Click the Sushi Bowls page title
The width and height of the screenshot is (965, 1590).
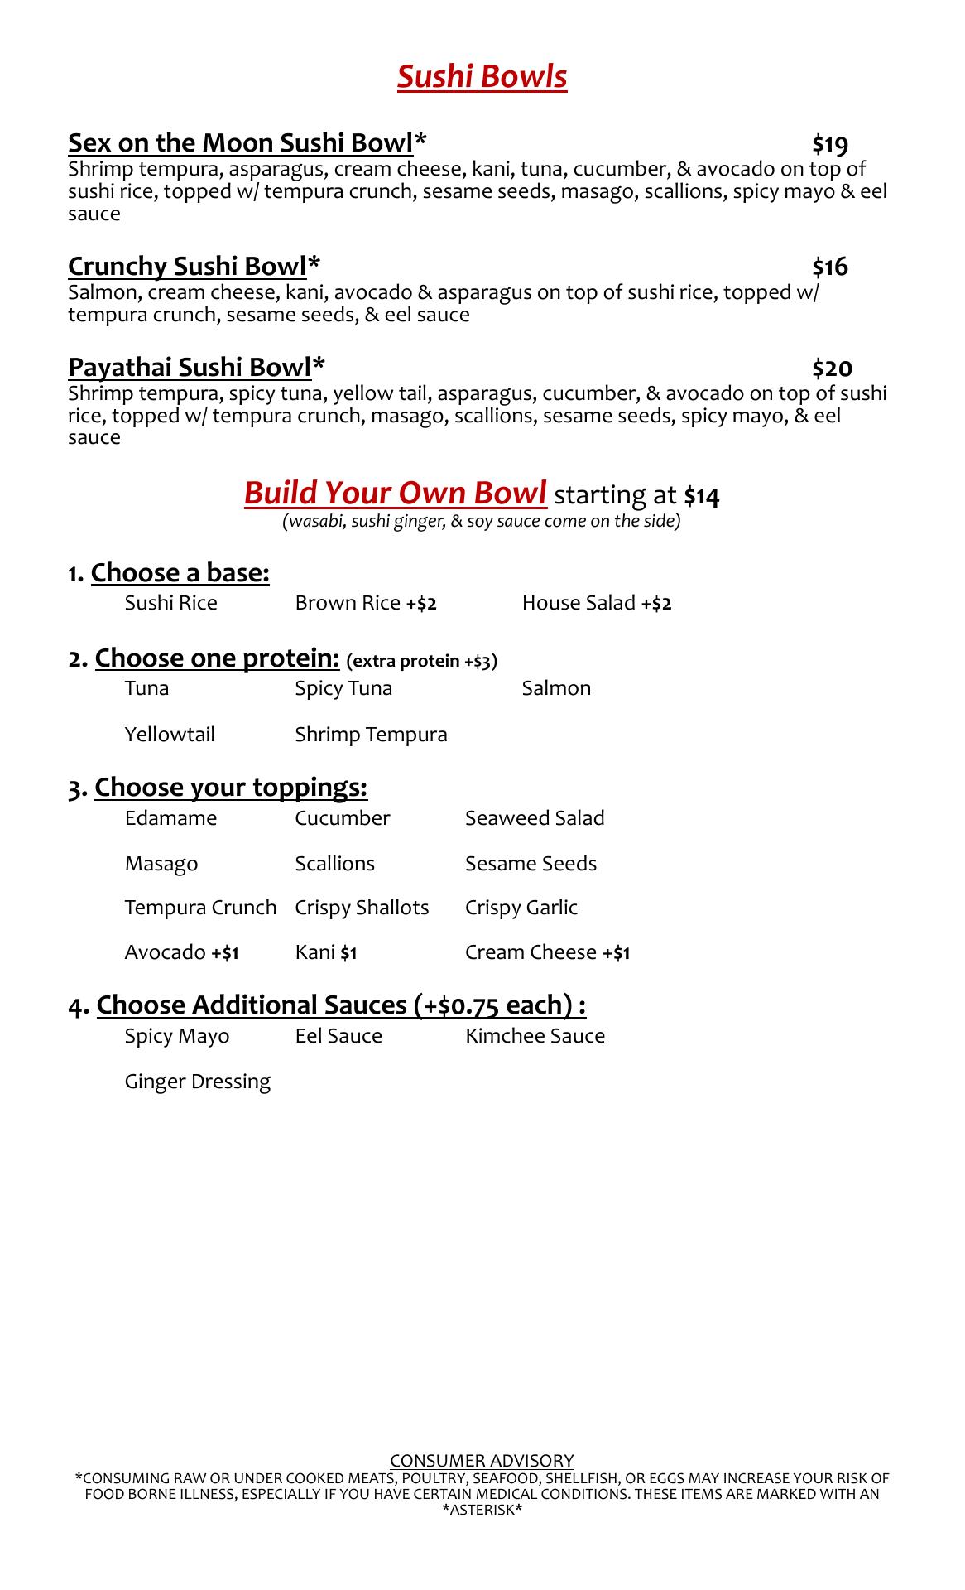tap(482, 77)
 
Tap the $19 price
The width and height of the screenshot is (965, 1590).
tap(829, 145)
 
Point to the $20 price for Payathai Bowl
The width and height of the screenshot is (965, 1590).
tap(832, 369)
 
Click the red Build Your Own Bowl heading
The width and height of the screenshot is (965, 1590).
tap(395, 493)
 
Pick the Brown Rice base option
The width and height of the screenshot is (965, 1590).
tap(365, 603)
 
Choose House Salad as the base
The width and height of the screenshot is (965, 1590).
tap(596, 603)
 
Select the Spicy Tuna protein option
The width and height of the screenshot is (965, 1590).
tap(343, 688)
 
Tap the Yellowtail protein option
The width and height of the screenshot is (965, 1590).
tap(170, 735)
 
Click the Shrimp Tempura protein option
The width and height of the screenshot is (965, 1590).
tap(371, 735)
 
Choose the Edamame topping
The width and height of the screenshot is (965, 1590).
tap(170, 818)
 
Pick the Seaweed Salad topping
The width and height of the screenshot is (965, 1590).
tap(535, 818)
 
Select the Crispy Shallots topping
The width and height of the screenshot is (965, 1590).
tap(362, 908)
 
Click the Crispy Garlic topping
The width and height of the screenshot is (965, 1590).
tap(521, 908)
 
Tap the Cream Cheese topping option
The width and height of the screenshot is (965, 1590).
tap(547, 952)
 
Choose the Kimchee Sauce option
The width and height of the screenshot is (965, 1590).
tap(535, 1036)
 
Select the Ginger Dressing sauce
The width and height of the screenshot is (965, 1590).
tap(197, 1082)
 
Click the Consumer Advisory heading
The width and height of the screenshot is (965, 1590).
tap(482, 1460)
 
